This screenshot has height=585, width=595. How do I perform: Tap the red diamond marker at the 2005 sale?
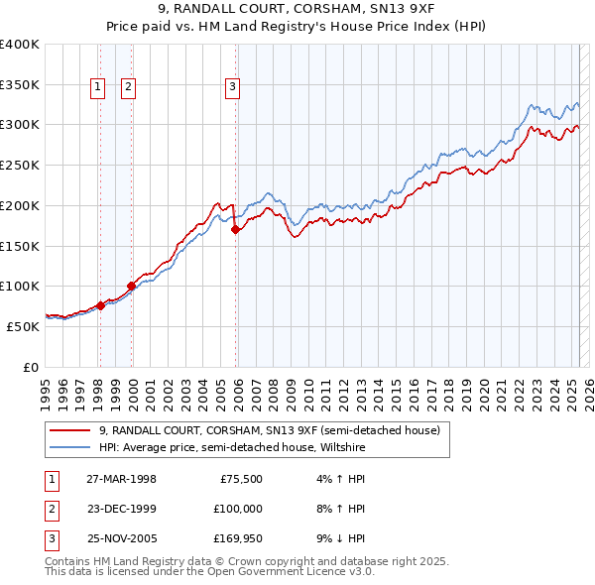(x=235, y=230)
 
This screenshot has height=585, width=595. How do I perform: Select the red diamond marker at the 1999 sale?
(x=132, y=287)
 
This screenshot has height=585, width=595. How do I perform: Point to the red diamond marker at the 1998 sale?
(x=101, y=306)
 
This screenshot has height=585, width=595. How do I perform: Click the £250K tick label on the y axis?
(x=19, y=165)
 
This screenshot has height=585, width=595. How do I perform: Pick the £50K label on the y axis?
(x=23, y=325)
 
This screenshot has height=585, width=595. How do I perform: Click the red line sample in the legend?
(x=70, y=430)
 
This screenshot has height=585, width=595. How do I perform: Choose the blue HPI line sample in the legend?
(x=70, y=448)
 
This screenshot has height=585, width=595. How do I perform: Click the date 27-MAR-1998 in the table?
(x=121, y=479)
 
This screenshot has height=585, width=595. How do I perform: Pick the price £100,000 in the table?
(x=238, y=510)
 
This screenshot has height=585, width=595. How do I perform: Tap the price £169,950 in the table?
(x=238, y=540)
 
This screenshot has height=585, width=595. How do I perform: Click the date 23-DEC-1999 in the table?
(x=121, y=510)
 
